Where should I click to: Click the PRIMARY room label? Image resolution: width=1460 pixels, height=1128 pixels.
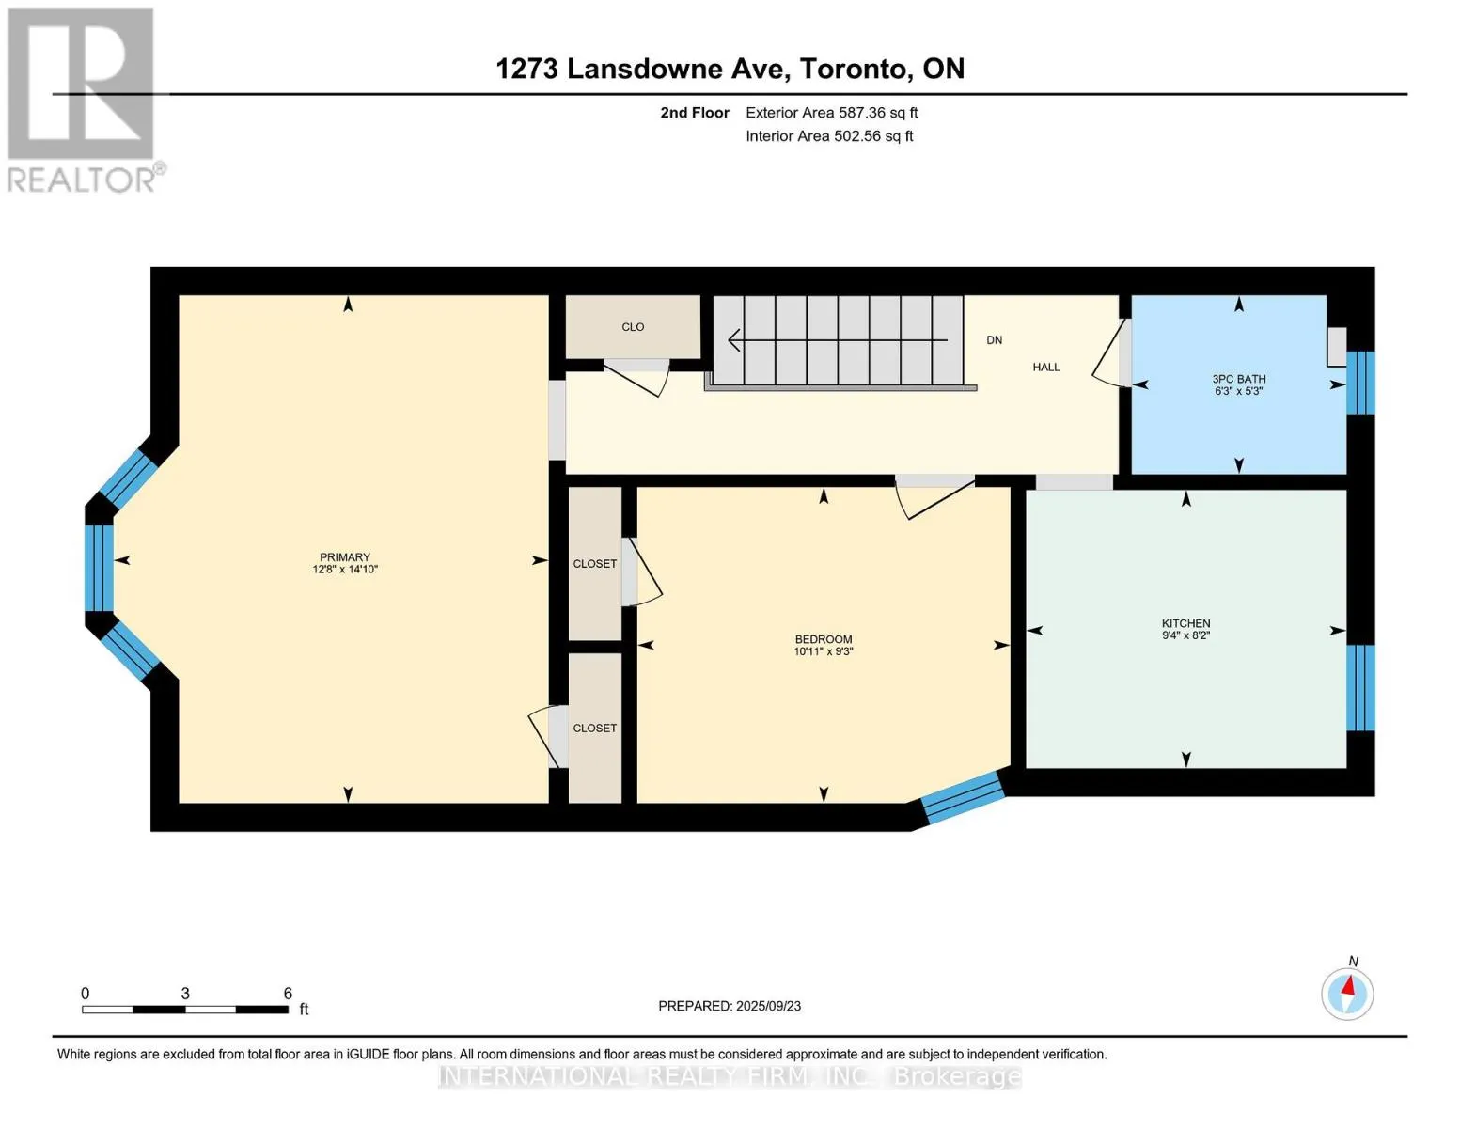(x=345, y=556)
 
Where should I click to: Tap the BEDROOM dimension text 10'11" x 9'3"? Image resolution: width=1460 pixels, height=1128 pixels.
(x=823, y=651)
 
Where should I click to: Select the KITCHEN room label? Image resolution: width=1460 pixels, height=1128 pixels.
(x=1185, y=623)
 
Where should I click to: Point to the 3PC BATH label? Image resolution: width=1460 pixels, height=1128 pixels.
(x=1238, y=379)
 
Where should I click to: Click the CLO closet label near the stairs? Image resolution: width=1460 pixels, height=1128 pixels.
(x=633, y=326)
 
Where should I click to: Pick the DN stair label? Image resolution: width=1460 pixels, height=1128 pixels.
(x=994, y=340)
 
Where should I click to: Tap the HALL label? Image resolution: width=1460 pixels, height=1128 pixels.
(x=1045, y=367)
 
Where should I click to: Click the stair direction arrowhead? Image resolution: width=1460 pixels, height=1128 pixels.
(x=734, y=340)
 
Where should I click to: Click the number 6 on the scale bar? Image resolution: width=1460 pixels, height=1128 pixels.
(x=288, y=993)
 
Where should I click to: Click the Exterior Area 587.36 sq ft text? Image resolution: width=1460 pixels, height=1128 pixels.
(x=831, y=113)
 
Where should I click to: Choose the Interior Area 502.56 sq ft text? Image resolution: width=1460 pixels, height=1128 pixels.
(x=829, y=136)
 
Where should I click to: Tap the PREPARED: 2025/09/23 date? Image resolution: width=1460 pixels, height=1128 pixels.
(x=729, y=1006)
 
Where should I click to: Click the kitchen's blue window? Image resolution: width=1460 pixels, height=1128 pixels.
(x=1360, y=687)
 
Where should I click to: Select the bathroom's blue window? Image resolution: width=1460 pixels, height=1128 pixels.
(x=1360, y=383)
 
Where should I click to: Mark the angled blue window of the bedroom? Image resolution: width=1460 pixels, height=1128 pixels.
(x=962, y=797)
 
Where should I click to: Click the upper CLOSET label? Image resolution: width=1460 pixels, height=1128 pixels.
(x=594, y=564)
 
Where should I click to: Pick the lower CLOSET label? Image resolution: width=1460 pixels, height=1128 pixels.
(x=594, y=728)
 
